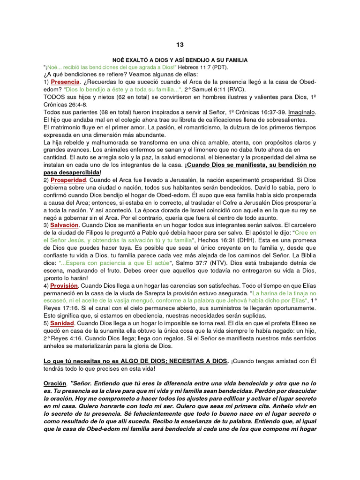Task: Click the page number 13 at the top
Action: click(180, 45)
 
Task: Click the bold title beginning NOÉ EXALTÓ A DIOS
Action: click(180, 60)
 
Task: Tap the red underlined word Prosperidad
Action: click(68, 180)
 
